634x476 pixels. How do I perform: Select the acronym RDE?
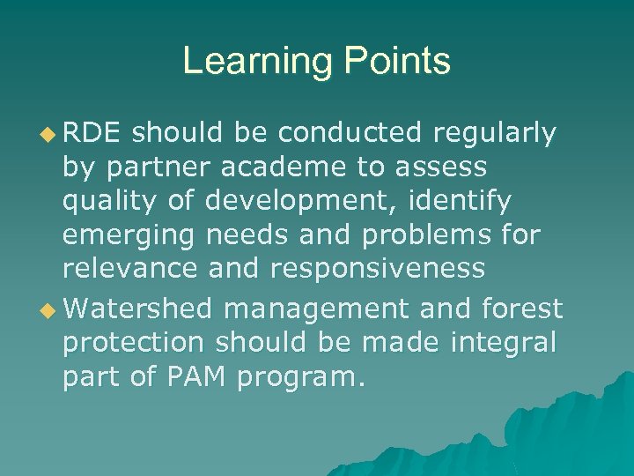95,133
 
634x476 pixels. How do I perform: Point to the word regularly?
495,134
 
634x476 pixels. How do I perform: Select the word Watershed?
138,309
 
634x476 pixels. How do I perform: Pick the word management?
317,309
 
